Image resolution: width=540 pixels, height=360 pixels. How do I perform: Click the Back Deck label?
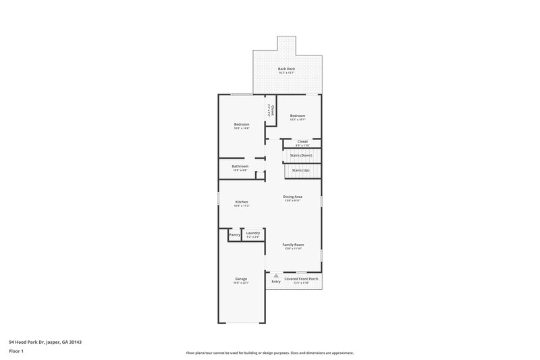click(286, 69)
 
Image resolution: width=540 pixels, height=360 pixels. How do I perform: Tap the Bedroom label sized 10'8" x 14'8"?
click(242, 124)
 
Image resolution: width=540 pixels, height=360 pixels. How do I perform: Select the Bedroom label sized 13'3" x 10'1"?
click(298, 115)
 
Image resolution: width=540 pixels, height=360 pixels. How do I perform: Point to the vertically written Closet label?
click(271, 110)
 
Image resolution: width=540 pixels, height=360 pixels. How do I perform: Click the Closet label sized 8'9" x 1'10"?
click(302, 142)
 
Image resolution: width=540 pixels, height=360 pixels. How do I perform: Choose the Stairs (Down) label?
click(301, 155)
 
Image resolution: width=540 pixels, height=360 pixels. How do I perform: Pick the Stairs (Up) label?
click(301, 170)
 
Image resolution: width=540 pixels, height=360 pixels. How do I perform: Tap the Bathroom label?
click(240, 166)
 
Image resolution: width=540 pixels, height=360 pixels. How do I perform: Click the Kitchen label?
click(242, 202)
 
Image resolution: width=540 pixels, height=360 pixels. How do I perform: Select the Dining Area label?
click(292, 197)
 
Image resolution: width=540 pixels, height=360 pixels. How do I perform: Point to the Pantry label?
click(234, 234)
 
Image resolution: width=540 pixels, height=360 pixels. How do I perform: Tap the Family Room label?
click(293, 245)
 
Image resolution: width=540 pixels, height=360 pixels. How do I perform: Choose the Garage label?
click(241, 279)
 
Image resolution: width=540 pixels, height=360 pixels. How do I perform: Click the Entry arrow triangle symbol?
click(276, 276)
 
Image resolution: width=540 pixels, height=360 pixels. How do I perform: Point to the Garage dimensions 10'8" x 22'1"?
click(241, 283)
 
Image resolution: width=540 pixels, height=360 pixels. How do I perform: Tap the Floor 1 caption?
click(16, 352)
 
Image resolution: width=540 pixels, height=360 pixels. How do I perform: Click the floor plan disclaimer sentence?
click(270, 353)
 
